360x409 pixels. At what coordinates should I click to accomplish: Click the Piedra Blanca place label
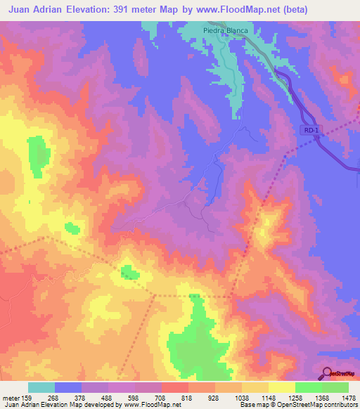[x=226, y=31]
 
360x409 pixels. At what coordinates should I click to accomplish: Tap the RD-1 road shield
[x=312, y=130]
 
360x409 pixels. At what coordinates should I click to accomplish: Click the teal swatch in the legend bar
[x=41, y=387]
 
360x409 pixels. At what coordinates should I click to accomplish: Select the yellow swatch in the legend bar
[x=281, y=387]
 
